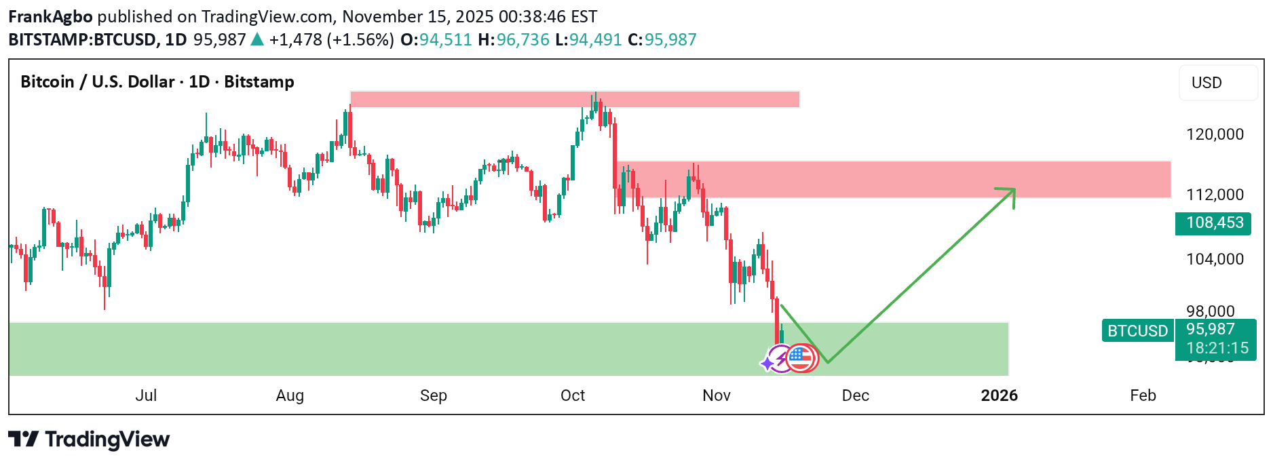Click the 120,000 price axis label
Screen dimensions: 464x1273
pos(1215,134)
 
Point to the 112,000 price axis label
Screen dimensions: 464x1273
pos(1215,195)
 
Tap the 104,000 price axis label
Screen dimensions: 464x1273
pos(1215,259)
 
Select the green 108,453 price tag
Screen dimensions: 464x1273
pos(1215,223)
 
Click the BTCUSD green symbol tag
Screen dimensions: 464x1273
pos(1137,331)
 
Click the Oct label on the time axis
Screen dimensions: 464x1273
pos(573,395)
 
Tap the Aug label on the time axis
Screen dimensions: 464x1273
pos(290,395)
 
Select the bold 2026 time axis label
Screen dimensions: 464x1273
pos(999,395)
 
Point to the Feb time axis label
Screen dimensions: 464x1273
pos(1143,395)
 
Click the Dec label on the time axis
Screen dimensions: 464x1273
pos(855,395)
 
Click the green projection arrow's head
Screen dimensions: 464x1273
pos(1010,193)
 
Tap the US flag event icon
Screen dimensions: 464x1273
pos(802,358)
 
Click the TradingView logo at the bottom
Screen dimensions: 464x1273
pos(89,440)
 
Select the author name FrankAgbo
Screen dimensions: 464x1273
pos(50,16)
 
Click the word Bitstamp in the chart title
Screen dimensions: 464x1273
pos(259,82)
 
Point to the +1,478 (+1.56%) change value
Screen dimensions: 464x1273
pos(331,39)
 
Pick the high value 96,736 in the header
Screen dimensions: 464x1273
pos(522,39)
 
